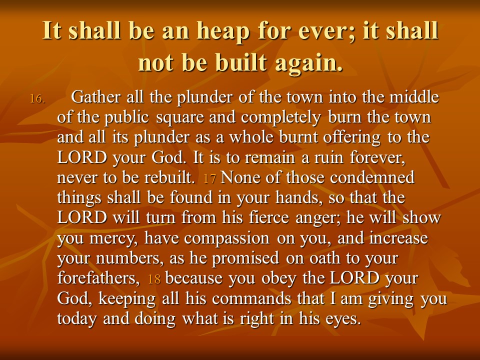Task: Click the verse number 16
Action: click(x=37, y=99)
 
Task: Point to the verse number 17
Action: click(x=209, y=178)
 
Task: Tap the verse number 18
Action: click(x=154, y=279)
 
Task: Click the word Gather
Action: click(x=95, y=97)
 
